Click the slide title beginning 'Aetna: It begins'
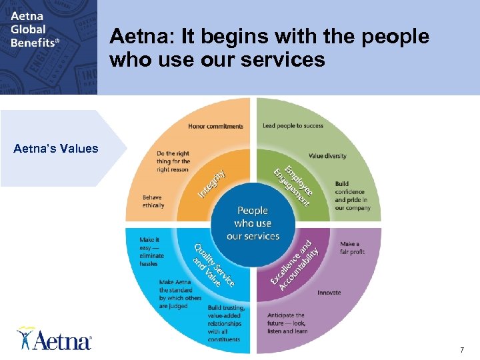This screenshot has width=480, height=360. [x=269, y=48]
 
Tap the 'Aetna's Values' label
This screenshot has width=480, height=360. [x=56, y=149]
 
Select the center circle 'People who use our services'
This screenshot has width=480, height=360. [x=253, y=223]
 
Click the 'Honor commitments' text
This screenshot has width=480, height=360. [x=215, y=126]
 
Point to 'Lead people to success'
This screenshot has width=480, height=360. [x=293, y=126]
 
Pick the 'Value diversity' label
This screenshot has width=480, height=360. [x=327, y=156]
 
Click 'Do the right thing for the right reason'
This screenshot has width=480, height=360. [x=173, y=161]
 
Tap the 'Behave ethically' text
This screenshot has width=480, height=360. [x=153, y=201]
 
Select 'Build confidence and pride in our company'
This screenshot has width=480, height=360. [x=352, y=196]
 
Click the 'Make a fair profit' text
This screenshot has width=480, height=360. [x=352, y=248]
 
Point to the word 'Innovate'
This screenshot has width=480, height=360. [x=329, y=293]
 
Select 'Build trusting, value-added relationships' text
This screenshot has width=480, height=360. [x=227, y=323]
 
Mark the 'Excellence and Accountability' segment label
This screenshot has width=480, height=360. [x=294, y=261]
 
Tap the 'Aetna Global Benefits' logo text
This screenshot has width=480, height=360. [x=35, y=28]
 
